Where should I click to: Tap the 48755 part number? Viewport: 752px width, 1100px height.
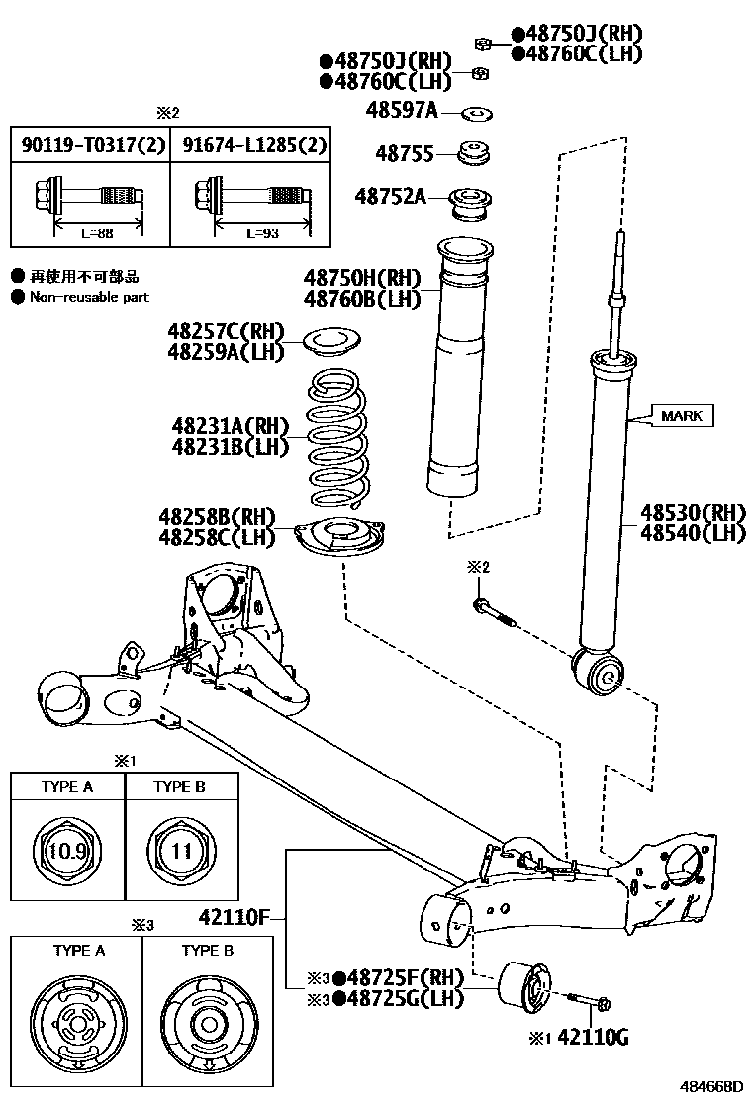coord(403,153)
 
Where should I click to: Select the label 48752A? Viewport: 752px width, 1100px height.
coord(392,196)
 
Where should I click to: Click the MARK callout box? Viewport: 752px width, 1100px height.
coord(682,415)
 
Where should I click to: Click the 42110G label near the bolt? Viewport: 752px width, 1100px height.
coord(593,1037)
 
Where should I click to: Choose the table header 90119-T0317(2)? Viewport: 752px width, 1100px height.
coord(90,145)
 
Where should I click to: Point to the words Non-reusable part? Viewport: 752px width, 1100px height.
coord(89,297)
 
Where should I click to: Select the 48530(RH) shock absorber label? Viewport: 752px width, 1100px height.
coord(692,512)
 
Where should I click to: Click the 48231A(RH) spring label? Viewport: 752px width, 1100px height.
coord(231,426)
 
